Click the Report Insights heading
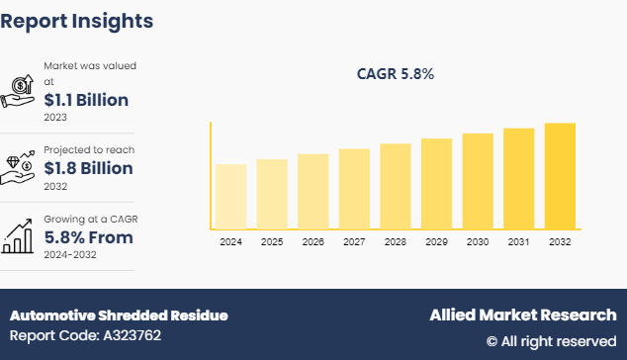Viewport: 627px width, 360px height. coord(77,20)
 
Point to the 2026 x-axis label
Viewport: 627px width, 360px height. coord(313,241)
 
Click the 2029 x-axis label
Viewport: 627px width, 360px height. coord(436,241)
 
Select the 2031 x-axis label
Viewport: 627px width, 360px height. coord(518,241)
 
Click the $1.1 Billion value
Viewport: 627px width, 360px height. coord(86,99)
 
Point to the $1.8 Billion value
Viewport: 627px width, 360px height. coord(88,168)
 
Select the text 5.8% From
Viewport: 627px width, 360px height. coord(88,237)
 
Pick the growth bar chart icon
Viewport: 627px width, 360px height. coord(20,235)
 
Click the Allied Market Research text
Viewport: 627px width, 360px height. coord(522,315)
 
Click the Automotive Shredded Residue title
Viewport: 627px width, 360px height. coord(119,315)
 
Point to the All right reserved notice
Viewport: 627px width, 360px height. coord(551,341)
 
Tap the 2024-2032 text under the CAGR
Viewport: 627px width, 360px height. coord(69,254)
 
